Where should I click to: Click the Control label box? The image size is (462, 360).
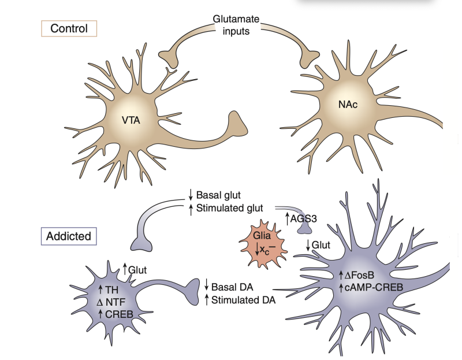[x=69, y=28]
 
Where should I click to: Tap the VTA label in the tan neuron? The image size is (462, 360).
[x=131, y=121]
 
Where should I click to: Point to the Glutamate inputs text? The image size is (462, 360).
[x=236, y=25]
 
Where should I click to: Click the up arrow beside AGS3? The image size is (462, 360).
[x=287, y=218]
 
